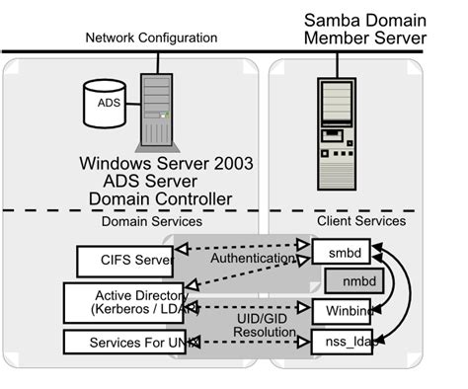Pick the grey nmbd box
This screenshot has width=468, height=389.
coord(350,280)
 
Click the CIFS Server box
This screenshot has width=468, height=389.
coord(124,262)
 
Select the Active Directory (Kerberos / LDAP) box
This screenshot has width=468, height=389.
coord(128,302)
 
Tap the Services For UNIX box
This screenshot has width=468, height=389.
coord(125,342)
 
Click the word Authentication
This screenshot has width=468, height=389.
coord(251,259)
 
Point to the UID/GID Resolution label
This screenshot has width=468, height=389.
coord(264,326)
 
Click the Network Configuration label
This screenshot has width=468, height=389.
coord(151,38)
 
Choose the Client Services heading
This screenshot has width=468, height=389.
coord(360,221)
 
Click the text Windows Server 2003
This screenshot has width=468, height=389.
coord(166,163)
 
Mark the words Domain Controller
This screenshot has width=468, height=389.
coord(160,198)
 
